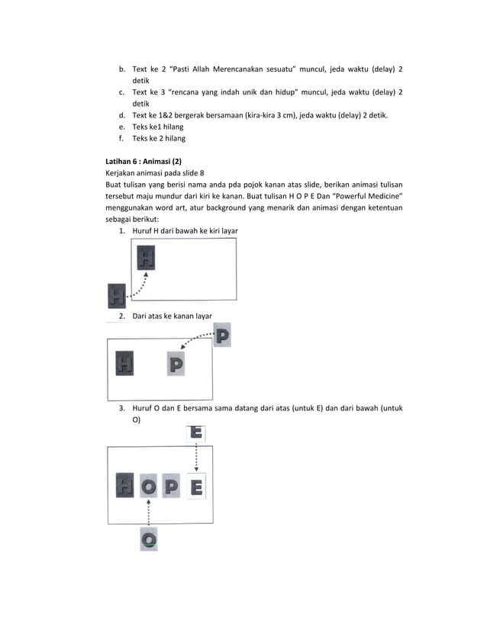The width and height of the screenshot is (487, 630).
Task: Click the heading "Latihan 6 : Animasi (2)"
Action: click(x=144, y=162)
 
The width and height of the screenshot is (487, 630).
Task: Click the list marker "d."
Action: click(x=121, y=115)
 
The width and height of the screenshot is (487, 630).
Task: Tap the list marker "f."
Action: click(x=121, y=139)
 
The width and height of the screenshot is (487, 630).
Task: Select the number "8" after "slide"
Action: click(x=204, y=173)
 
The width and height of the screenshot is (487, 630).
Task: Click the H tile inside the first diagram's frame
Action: click(x=146, y=257)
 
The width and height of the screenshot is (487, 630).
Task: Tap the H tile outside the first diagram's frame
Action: click(x=116, y=294)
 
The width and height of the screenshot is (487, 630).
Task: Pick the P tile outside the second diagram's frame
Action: click(x=222, y=335)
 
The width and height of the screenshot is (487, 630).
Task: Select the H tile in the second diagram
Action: click(x=124, y=364)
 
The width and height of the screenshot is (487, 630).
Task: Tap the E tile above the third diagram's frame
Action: click(x=196, y=433)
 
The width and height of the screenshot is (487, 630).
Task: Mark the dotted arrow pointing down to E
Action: click(x=197, y=458)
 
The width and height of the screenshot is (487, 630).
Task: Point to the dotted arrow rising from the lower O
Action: click(x=150, y=513)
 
